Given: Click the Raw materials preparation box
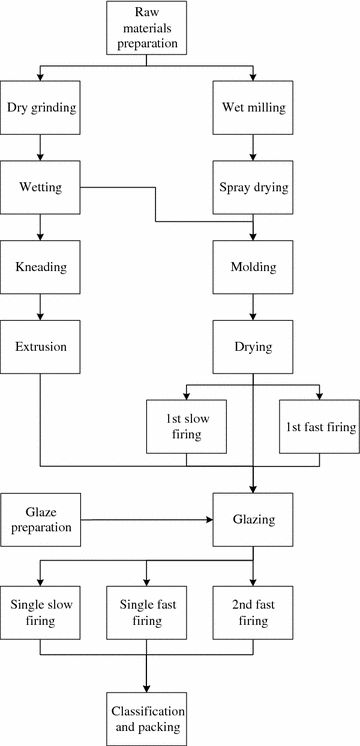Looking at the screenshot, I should [x=147, y=28].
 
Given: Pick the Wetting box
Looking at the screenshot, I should [x=40, y=187].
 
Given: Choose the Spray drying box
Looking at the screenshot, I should [x=253, y=187].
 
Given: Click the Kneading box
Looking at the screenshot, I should [x=40, y=268].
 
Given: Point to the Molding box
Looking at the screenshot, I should [x=253, y=268].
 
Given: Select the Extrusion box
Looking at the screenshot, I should [x=40, y=347].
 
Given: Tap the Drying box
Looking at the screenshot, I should [x=253, y=347].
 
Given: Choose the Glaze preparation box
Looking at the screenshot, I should [x=40, y=519].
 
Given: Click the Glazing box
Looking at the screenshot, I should [x=253, y=519].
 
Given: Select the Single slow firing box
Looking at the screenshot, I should [x=40, y=613].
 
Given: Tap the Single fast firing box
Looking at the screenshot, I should [x=147, y=613].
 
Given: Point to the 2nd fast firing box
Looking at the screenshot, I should [x=253, y=613].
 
